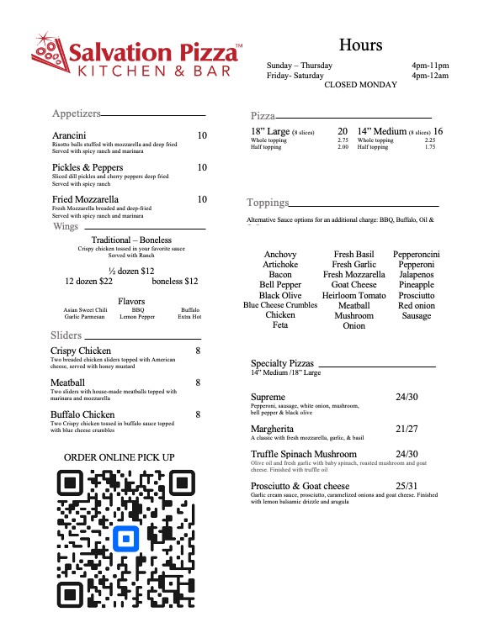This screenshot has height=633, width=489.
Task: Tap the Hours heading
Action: pyautogui.click(x=360, y=45)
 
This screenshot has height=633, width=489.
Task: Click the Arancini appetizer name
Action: pyautogui.click(x=67, y=136)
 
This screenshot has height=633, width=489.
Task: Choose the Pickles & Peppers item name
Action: pyautogui.click(x=88, y=168)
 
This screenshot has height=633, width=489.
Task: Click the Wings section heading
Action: pyautogui.click(x=66, y=227)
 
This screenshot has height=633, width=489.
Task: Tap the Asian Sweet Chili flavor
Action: pyautogui.click(x=86, y=310)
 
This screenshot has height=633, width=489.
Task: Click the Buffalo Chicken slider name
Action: pyautogui.click(x=82, y=414)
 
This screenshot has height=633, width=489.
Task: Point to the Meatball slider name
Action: pyautogui.click(x=67, y=382)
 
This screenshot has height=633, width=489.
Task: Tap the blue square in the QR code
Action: pyautogui.click(x=127, y=537)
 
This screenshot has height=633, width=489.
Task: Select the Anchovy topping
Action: pyautogui.click(x=280, y=255)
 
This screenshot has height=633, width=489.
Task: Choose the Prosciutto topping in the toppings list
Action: pyautogui.click(x=417, y=296)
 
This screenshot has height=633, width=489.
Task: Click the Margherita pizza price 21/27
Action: pyautogui.click(x=407, y=429)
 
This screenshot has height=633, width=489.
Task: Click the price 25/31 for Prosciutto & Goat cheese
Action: pyautogui.click(x=407, y=487)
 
